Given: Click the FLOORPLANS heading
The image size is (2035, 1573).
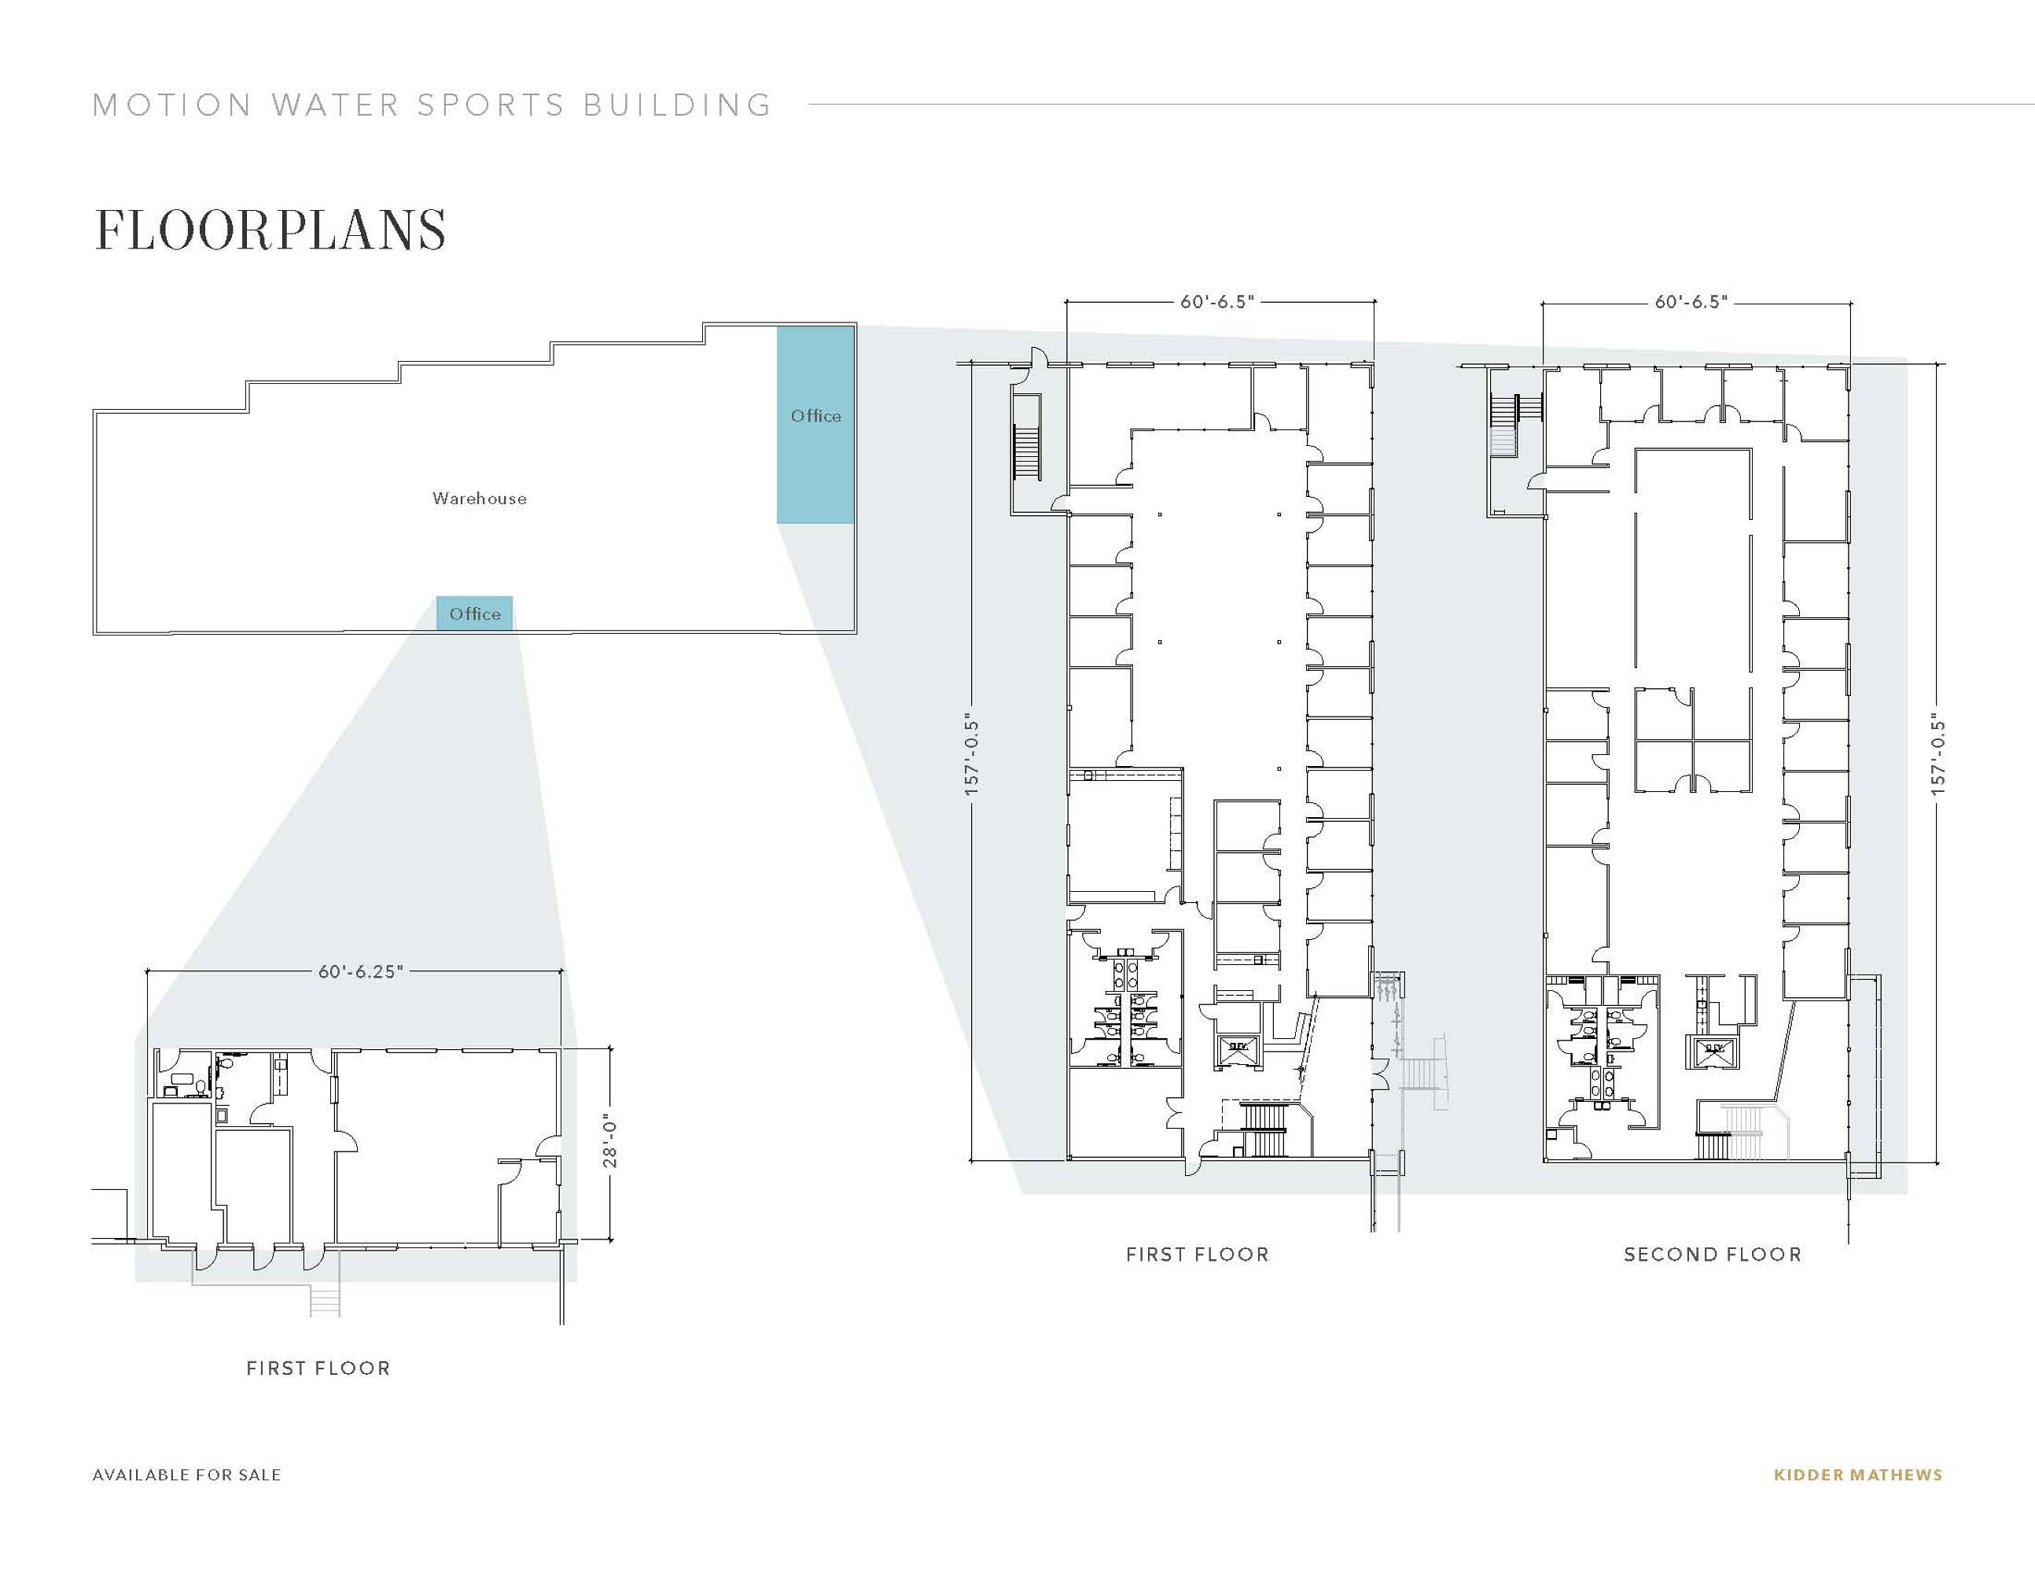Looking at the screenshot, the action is (x=270, y=230).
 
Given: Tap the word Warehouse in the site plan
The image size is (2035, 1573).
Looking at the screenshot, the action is (x=479, y=499).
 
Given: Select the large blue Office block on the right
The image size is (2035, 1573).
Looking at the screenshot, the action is (x=816, y=424).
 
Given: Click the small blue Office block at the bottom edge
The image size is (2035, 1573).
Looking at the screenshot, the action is (x=474, y=613).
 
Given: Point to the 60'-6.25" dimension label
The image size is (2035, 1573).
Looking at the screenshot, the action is (x=361, y=971).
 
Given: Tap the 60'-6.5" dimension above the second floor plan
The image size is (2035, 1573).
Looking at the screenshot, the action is (x=1691, y=301).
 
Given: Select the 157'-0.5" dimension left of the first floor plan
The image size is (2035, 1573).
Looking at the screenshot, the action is (x=972, y=756).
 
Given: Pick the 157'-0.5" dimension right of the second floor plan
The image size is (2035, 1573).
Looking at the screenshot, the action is (x=1939, y=756).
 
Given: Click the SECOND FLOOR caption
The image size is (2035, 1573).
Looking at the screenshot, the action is (x=1713, y=1254).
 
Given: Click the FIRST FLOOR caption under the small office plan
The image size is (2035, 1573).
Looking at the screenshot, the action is (x=318, y=1368).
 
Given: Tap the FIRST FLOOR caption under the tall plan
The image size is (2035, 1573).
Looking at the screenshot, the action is (x=1198, y=1254).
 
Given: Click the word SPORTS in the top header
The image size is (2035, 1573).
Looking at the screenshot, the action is (x=491, y=105).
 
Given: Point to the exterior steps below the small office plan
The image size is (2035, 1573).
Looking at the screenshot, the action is (x=324, y=1300).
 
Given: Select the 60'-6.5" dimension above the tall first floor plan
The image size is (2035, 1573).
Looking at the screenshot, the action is (x=1218, y=301).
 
